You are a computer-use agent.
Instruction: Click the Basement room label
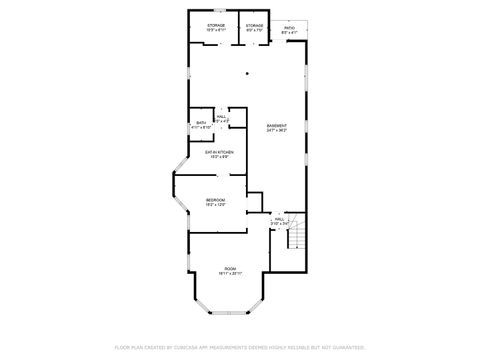[277, 126]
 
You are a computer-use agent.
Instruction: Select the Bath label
[200, 122]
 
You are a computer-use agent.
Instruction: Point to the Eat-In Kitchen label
[220, 151]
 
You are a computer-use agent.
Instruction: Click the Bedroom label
[215, 199]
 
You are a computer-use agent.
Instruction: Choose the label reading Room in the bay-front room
[230, 269]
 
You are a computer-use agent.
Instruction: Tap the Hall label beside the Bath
[221, 116]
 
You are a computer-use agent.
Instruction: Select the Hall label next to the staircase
[280, 219]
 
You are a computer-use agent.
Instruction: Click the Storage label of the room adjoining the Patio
[255, 25]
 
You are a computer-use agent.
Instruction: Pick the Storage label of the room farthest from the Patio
[215, 25]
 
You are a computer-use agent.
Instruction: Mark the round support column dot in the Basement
[246, 72]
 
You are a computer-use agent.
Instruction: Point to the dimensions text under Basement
[277, 131]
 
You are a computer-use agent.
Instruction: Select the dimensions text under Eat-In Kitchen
[220, 156]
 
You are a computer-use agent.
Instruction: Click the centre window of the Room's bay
[230, 313]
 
